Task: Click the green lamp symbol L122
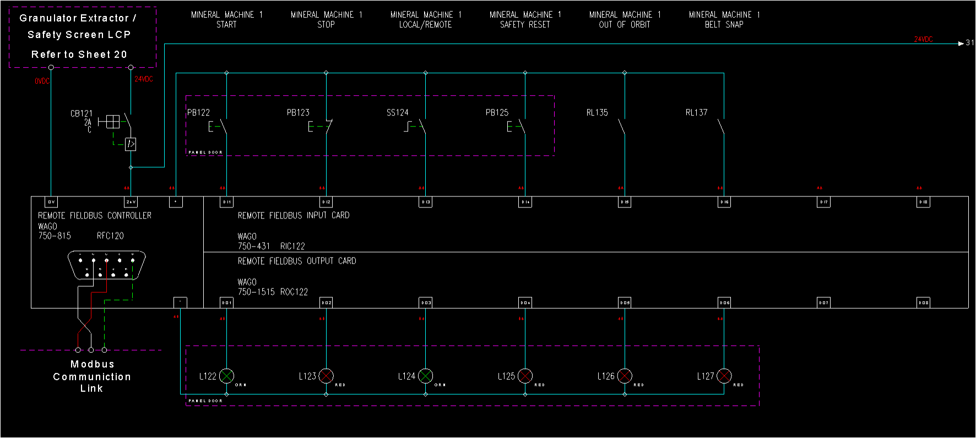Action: [226, 376]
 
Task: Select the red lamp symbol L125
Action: [525, 376]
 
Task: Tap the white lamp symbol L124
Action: [425, 376]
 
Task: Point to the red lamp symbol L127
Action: [724, 376]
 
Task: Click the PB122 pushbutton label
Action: [198, 113]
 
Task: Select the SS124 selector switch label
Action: [397, 113]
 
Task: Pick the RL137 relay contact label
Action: [696, 113]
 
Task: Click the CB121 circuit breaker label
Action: [82, 114]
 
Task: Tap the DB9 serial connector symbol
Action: [106, 265]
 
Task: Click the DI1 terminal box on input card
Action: [226, 202]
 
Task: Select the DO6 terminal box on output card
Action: [724, 303]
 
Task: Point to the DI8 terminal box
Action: [923, 202]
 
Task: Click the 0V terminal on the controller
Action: [51, 202]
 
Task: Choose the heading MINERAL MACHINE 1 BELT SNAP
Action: [724, 19]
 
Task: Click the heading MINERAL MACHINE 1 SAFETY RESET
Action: [525, 19]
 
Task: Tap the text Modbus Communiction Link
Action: [92, 376]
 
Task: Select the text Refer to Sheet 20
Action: [79, 54]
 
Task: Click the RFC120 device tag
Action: [110, 236]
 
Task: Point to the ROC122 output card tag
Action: [294, 292]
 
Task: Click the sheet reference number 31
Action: [970, 43]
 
